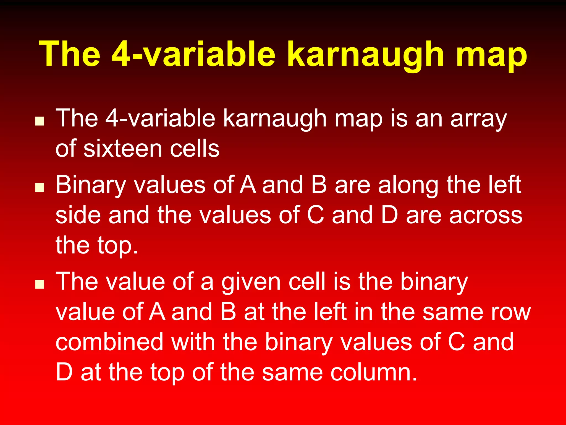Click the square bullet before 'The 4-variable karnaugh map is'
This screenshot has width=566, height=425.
(40, 121)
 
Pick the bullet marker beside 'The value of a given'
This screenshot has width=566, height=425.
(40, 284)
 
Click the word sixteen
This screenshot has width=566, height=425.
(122, 149)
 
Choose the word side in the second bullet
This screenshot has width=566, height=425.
(78, 215)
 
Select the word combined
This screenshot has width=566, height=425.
(109, 342)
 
